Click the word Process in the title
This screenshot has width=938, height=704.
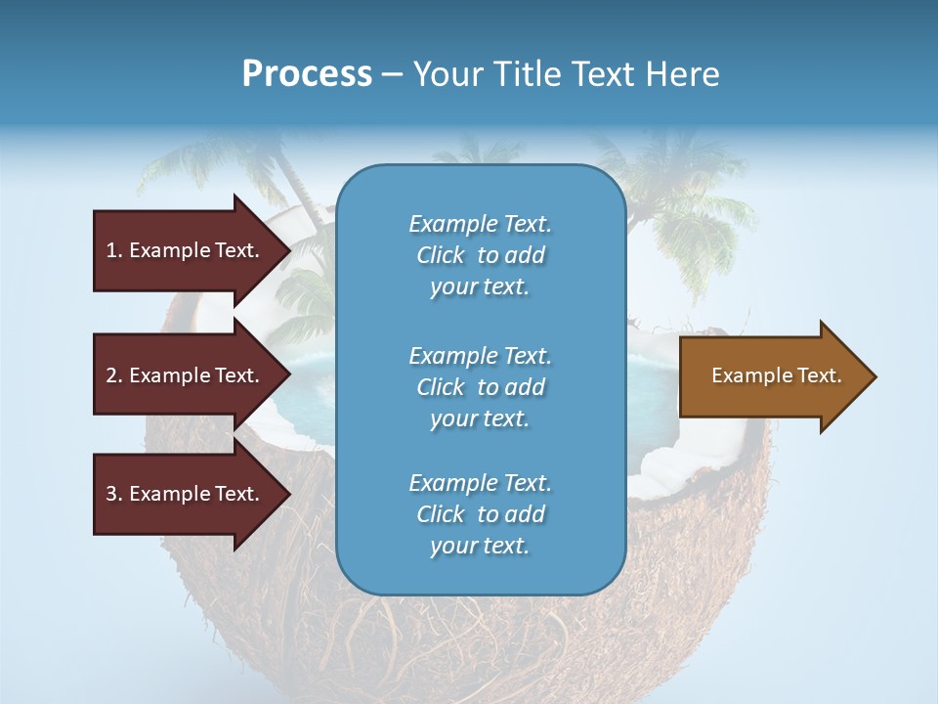click(x=307, y=74)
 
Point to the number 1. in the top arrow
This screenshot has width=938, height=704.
click(x=113, y=250)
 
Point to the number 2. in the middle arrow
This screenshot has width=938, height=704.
click(x=113, y=375)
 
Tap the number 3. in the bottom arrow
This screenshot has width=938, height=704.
click(x=113, y=494)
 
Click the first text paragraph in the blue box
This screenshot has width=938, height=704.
click(x=480, y=255)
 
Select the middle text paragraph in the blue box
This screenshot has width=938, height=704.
click(x=480, y=387)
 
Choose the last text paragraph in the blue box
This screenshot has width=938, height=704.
click(x=480, y=514)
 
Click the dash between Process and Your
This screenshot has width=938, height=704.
click(x=392, y=74)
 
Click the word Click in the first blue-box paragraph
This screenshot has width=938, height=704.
click(x=441, y=255)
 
